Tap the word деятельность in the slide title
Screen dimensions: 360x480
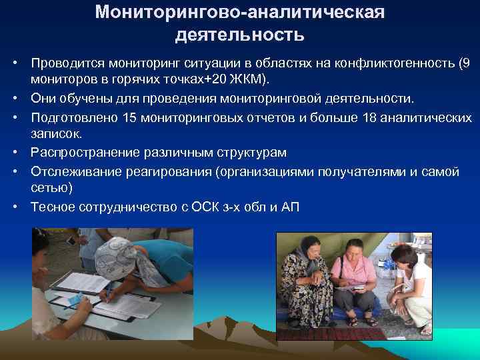[x=240, y=34]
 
